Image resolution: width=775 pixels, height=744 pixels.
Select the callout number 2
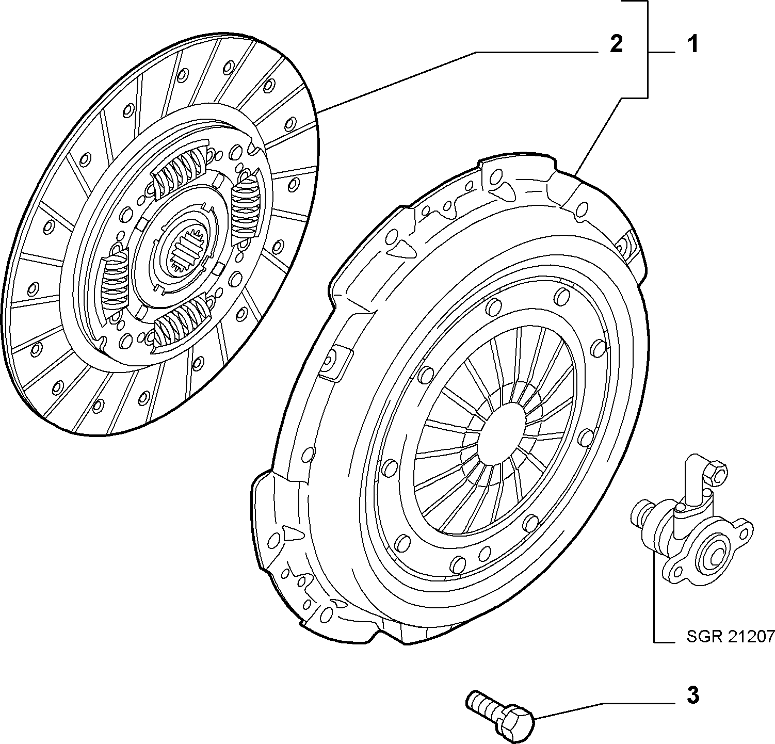point(616,44)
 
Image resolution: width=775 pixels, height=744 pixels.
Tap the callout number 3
point(693,696)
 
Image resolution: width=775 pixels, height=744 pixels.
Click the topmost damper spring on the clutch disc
point(181,169)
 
